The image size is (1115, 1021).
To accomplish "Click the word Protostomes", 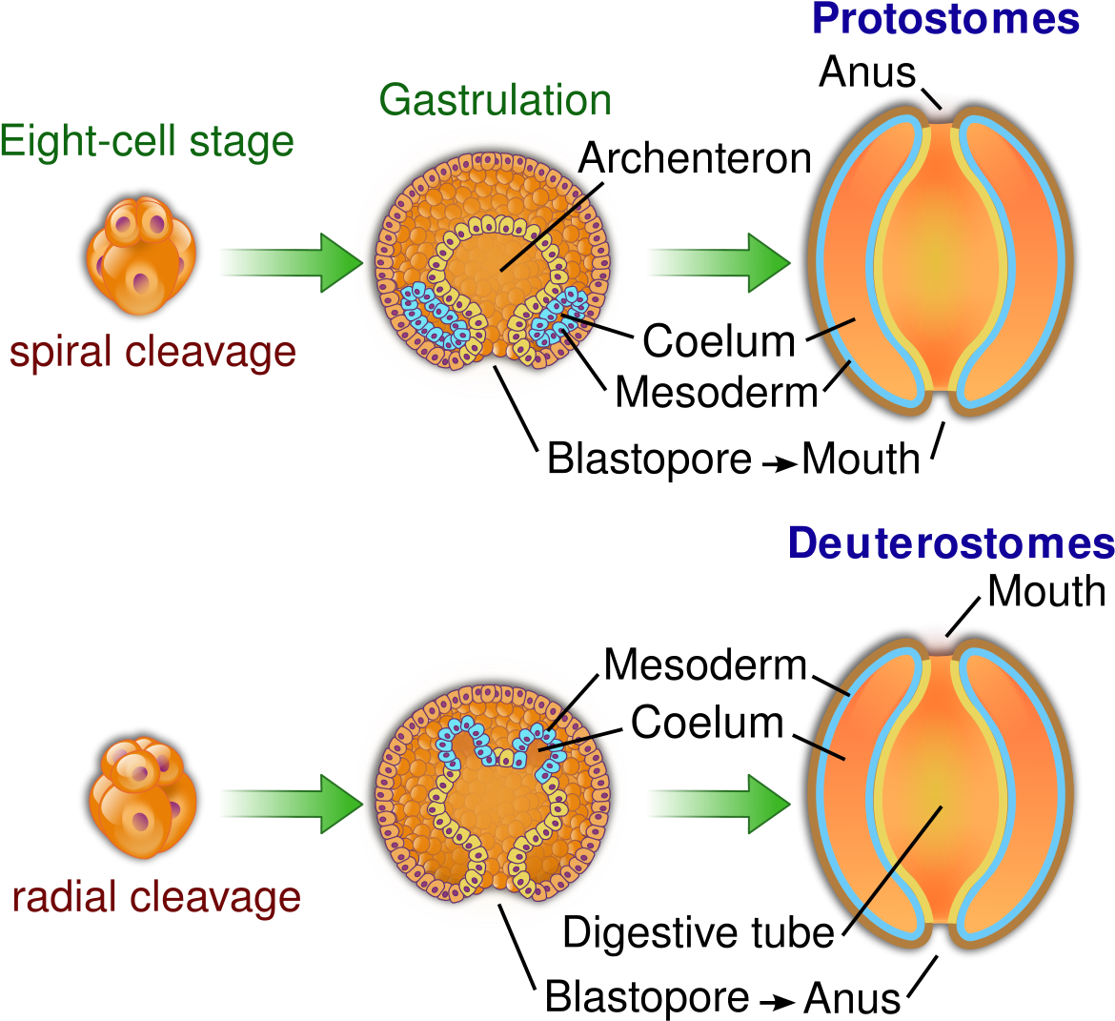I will click(x=944, y=19).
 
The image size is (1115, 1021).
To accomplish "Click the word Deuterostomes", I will click(x=951, y=543).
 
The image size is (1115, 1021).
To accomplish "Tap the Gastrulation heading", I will click(x=495, y=100).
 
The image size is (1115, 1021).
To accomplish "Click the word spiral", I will click(x=64, y=353).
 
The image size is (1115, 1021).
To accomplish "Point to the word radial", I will click(x=66, y=897).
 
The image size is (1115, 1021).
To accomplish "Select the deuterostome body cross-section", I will click(x=940, y=791).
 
